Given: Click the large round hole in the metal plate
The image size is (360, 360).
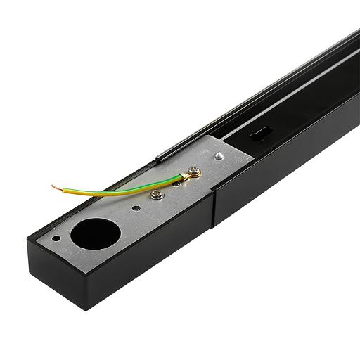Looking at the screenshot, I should (91, 235).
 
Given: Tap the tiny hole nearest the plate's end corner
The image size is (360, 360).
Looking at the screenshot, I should (56, 238).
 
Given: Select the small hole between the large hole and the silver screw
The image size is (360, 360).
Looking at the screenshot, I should (136, 207).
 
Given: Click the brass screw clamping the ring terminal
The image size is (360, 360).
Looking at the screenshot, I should (194, 172).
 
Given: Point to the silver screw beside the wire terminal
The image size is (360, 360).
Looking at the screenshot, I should (157, 194).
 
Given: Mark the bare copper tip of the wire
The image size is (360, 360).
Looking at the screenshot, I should (54, 187).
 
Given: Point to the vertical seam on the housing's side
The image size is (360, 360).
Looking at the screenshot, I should (213, 208).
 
